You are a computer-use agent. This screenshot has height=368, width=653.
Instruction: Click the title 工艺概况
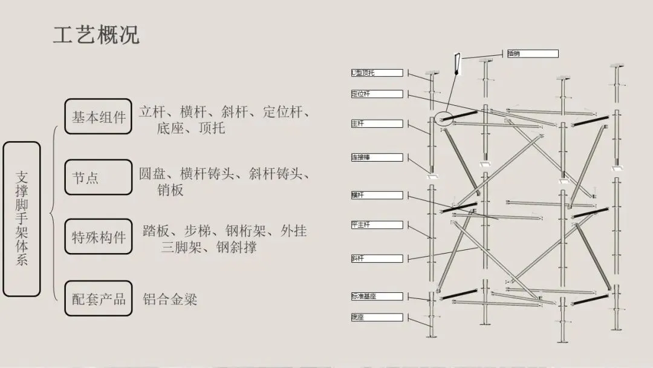click(x=96, y=35)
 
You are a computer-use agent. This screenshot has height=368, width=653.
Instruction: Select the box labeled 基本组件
click(x=98, y=116)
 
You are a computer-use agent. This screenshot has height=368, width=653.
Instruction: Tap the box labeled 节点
click(x=98, y=177)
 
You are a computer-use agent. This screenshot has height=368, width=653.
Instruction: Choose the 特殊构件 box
click(x=98, y=237)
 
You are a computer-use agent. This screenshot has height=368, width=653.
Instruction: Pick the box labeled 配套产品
click(x=98, y=298)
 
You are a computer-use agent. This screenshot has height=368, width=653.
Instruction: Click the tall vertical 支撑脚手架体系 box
click(x=22, y=219)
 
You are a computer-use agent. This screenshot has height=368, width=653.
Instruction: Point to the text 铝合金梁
click(x=170, y=299)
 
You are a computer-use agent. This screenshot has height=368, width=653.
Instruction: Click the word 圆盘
click(x=152, y=174)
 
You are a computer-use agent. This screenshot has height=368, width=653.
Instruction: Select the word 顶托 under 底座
click(x=211, y=128)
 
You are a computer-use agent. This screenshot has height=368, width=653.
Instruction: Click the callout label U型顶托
click(x=377, y=73)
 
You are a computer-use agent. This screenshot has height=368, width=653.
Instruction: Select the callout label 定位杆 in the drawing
click(x=377, y=94)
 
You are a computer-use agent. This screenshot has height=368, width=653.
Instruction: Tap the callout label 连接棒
click(x=377, y=157)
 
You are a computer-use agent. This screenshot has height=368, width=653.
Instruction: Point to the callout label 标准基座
click(x=377, y=297)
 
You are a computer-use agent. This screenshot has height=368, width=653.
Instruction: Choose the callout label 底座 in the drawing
click(x=377, y=317)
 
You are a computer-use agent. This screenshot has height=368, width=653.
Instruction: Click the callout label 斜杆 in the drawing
click(x=377, y=258)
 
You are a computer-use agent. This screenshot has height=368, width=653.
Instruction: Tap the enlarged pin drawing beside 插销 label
click(x=457, y=65)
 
